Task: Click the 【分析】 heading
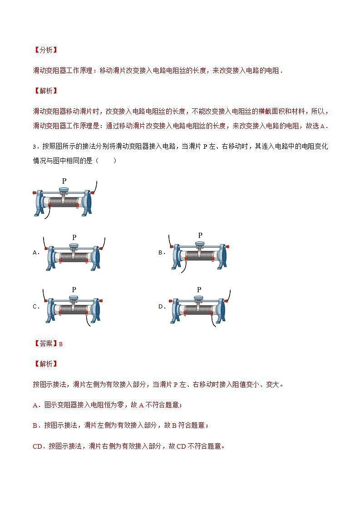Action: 45,50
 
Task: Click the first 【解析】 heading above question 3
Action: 45,91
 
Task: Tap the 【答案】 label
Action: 45,344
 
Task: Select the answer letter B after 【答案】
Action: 61,344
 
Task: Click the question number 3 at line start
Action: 35,147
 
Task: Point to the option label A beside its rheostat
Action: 35,253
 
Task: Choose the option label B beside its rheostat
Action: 161,253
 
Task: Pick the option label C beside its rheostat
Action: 35,307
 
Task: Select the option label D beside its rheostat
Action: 161,307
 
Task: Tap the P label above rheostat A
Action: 74,237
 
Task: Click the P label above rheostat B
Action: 200,235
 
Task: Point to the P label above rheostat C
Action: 74,289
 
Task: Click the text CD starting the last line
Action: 38,446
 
